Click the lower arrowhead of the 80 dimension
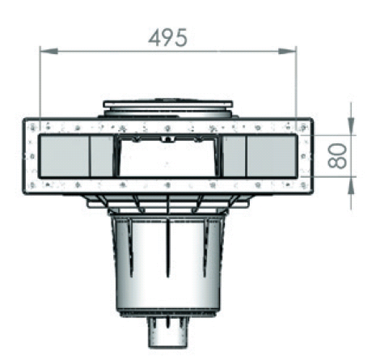(x=351, y=184)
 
